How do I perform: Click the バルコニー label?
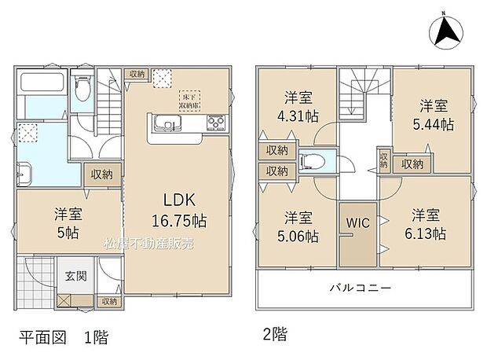(x=360, y=288)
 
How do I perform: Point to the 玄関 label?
(x=75, y=276)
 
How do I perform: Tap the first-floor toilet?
(x=82, y=94)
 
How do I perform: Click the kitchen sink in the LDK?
(x=167, y=123)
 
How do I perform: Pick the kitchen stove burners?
(x=215, y=123)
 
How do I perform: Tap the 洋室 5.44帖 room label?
(x=433, y=115)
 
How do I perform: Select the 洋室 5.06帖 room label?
(x=298, y=226)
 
